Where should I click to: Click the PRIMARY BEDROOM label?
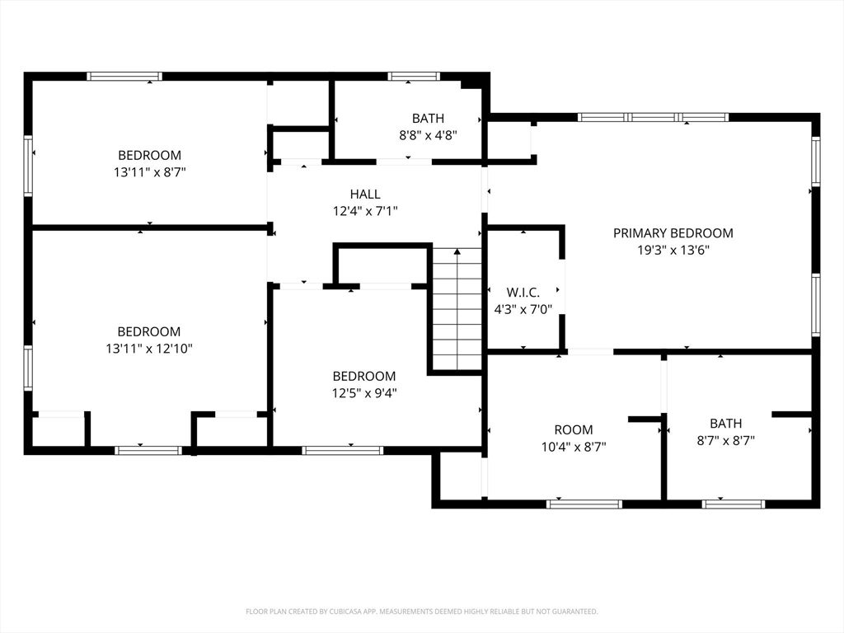[673, 233]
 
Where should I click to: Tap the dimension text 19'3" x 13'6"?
[673, 251]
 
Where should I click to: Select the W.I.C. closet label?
[523, 293]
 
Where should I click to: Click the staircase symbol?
[457, 309]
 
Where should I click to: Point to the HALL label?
[365, 195]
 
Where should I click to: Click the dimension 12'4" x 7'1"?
[365, 211]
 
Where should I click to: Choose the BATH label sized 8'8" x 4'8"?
[428, 118]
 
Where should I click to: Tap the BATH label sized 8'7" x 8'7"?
[725, 424]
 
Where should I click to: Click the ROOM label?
[573, 429]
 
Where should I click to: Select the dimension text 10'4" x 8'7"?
[573, 447]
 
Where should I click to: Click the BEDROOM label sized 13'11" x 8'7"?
[149, 155]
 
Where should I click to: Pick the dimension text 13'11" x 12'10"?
[149, 349]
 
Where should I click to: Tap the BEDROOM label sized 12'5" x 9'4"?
[363, 376]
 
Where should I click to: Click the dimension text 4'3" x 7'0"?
[523, 310]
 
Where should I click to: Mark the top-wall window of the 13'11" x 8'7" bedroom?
[124, 77]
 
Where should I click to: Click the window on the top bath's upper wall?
[414, 77]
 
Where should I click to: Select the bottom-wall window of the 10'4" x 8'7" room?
[584, 504]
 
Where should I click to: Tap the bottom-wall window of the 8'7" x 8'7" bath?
[733, 504]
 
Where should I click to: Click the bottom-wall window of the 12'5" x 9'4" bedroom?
[342, 450]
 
